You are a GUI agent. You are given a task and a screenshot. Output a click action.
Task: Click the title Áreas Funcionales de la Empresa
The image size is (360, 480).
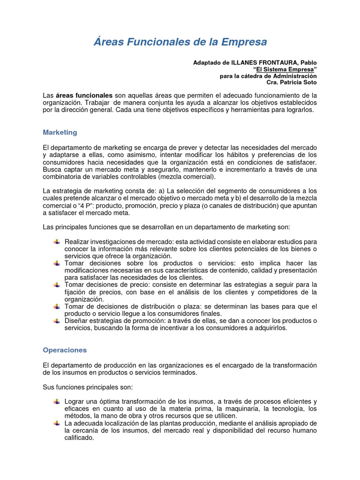(x=180, y=42)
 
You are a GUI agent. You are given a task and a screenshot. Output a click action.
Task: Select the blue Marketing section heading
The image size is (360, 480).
(x=60, y=133)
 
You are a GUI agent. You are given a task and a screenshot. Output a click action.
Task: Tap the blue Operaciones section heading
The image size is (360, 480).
(x=65, y=350)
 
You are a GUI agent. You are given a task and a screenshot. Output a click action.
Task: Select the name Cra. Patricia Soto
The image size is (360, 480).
(x=292, y=82)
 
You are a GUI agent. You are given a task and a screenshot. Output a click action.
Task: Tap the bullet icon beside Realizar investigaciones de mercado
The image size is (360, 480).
(x=56, y=241)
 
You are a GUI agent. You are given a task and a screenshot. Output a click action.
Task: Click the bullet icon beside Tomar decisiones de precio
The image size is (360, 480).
(x=56, y=285)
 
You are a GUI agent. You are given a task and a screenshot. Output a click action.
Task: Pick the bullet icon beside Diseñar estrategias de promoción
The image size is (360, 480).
(x=56, y=321)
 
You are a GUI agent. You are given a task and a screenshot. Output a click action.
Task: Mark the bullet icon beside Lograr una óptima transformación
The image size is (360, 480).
(x=56, y=402)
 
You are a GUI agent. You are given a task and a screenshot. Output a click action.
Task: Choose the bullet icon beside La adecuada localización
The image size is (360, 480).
(x=56, y=423)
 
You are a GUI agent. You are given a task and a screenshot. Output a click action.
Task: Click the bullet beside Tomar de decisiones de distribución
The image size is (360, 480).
(x=56, y=307)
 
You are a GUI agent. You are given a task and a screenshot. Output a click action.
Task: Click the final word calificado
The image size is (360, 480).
(x=79, y=438)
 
